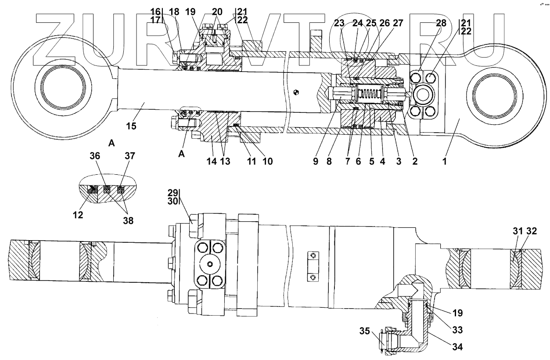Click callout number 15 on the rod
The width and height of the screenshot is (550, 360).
point(131,126)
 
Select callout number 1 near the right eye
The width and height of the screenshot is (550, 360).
point(444,161)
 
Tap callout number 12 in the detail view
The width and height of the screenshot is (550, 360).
point(78,215)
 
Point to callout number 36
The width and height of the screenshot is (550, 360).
point(95,156)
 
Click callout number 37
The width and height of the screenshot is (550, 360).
point(130,156)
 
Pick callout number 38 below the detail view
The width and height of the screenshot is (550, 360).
point(128,220)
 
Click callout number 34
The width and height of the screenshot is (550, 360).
point(457,346)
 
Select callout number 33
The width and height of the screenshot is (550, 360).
point(457,330)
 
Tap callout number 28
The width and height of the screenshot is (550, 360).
point(441,23)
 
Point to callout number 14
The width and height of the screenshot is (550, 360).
point(212,161)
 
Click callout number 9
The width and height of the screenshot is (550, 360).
point(316,161)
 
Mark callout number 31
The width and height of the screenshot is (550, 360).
point(518,231)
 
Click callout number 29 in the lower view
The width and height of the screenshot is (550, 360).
point(173,193)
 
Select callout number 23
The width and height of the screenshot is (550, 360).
point(339,23)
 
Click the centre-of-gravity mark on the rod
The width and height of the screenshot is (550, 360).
point(296,93)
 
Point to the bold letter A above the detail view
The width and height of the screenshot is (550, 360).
point(111,143)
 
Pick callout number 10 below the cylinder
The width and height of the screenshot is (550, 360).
point(268,161)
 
